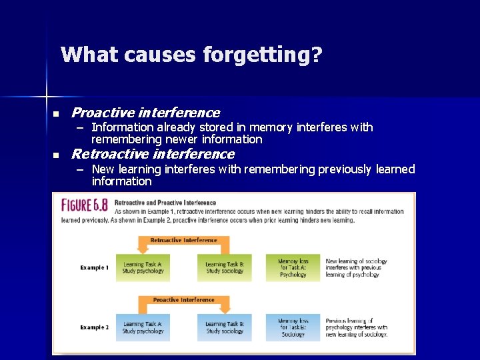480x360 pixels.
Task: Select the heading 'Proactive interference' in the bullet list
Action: pos(145,113)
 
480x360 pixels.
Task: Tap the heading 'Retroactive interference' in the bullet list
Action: pos(153,155)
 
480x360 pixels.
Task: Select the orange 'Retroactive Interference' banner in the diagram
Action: pos(183,240)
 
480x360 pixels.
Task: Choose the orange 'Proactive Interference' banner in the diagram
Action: pos(183,300)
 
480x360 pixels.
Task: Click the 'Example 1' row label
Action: pos(94,267)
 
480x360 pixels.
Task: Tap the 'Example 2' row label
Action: pos(94,327)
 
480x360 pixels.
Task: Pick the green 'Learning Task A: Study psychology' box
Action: pos(142,268)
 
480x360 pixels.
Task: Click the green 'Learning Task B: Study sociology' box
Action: pos(225,268)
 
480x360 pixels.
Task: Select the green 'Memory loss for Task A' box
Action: pos(293,268)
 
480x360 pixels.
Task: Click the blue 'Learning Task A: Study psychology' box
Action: pos(142,327)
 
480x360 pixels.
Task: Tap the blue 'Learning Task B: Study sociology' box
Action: pos(225,327)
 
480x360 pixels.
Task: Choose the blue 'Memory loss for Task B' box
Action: pos(293,327)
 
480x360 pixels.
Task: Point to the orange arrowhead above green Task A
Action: pos(143,249)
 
